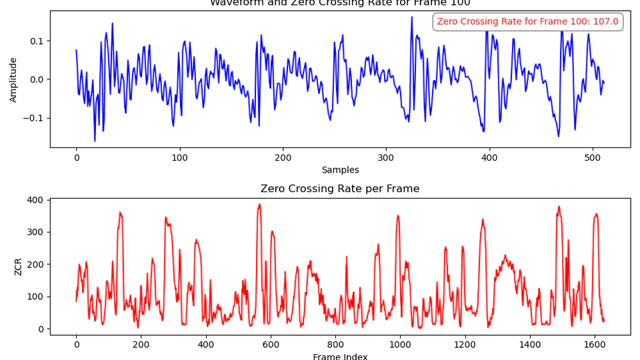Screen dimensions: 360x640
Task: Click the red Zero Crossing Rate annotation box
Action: click(x=527, y=22)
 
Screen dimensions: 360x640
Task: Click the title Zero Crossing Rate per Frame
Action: click(x=340, y=189)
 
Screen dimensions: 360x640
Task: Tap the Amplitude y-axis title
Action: click(x=13, y=79)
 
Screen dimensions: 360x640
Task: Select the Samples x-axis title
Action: click(x=340, y=170)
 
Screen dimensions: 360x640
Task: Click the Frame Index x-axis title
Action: click(x=340, y=357)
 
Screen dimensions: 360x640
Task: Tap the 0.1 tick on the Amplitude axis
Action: click(x=36, y=41)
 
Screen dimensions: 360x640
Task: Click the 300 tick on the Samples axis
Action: click(x=386, y=158)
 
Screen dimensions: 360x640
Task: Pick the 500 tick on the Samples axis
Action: click(x=593, y=158)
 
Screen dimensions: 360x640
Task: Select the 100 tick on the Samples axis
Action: click(x=179, y=158)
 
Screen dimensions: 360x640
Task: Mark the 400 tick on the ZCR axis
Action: click(x=35, y=200)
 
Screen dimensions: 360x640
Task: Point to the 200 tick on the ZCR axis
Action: click(x=35, y=265)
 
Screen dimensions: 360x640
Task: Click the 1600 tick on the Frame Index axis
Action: click(x=594, y=345)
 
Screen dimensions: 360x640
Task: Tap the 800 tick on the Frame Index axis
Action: click(x=335, y=345)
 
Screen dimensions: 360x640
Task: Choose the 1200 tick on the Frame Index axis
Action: click(x=465, y=345)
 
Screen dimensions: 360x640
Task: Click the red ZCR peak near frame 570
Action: click(x=259, y=205)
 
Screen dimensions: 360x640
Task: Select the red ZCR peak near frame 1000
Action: click(x=398, y=215)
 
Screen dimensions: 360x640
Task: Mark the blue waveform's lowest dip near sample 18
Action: click(x=95, y=141)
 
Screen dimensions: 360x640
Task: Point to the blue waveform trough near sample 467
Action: click(x=559, y=136)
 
